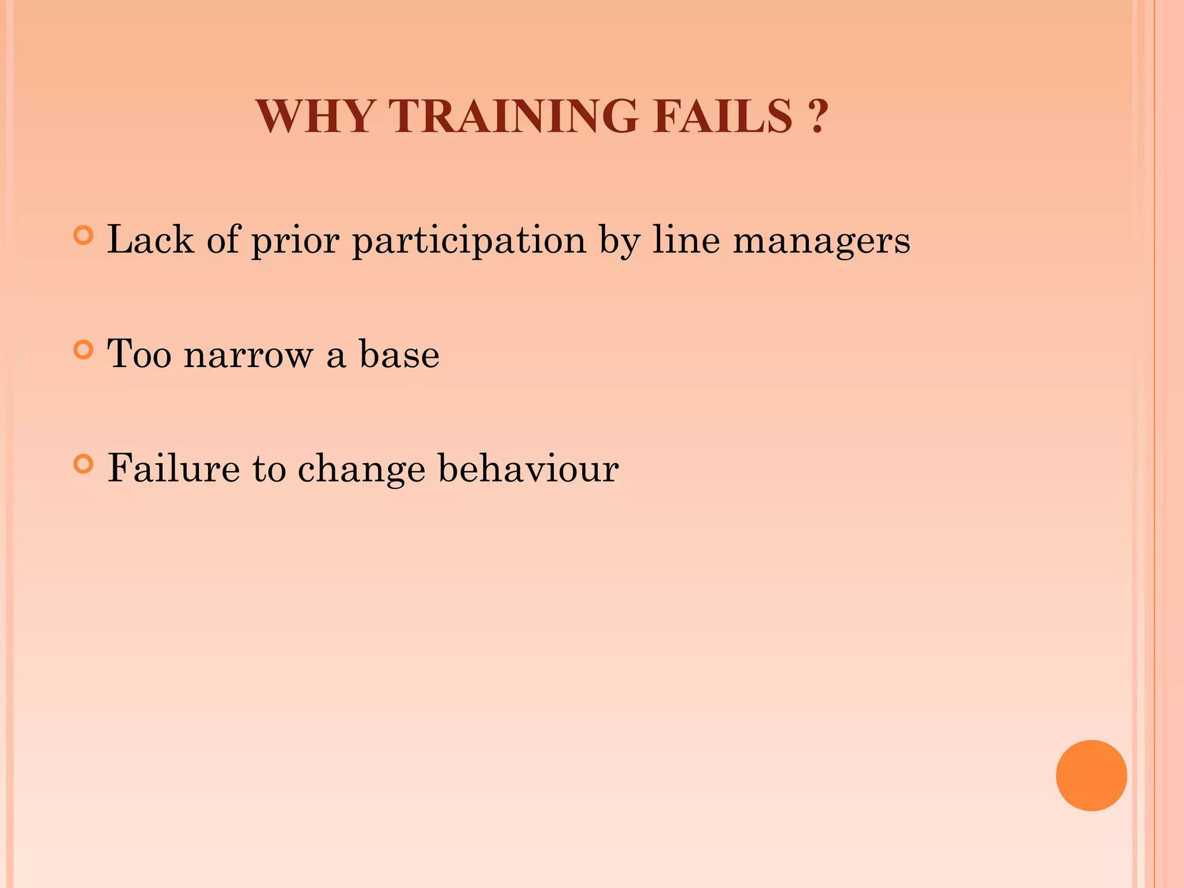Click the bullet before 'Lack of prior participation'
(x=84, y=235)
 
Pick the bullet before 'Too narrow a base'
(x=84, y=350)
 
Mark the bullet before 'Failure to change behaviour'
(x=84, y=464)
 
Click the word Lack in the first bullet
(x=150, y=239)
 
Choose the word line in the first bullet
(x=686, y=239)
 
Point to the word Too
(x=139, y=354)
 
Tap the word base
(x=399, y=354)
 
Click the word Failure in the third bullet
(x=173, y=468)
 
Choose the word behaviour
(x=528, y=468)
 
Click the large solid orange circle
(x=1091, y=775)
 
